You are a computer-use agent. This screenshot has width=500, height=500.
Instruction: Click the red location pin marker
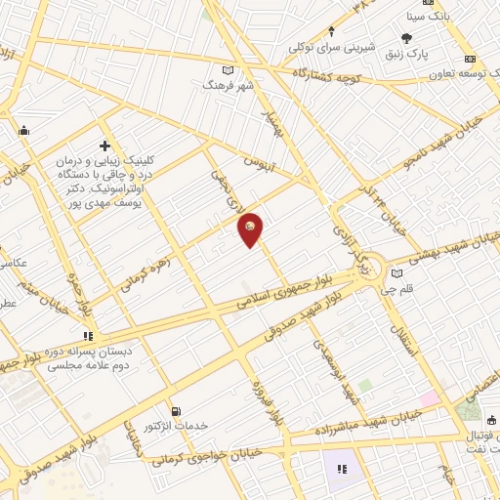(x=251, y=229)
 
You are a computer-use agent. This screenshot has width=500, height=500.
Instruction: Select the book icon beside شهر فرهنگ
(x=229, y=70)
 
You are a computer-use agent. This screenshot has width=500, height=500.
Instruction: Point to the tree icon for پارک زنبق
(x=406, y=39)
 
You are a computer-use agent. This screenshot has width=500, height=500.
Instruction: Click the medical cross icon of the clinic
(x=104, y=146)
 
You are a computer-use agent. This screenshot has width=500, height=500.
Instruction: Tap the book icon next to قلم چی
(x=396, y=273)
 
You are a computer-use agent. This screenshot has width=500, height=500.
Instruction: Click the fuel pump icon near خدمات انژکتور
(x=175, y=412)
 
